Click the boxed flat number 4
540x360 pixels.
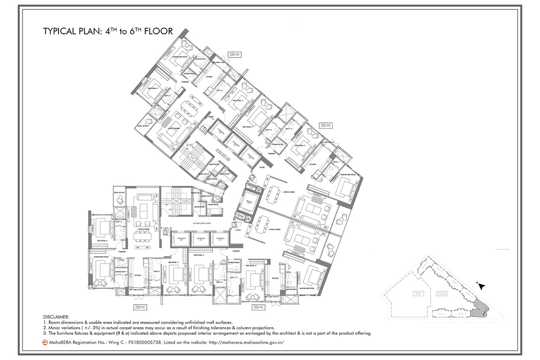165,229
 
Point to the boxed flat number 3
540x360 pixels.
234,223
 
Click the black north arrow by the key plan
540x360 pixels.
481,286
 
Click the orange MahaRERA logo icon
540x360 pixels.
45,342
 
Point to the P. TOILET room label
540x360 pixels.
121,260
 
